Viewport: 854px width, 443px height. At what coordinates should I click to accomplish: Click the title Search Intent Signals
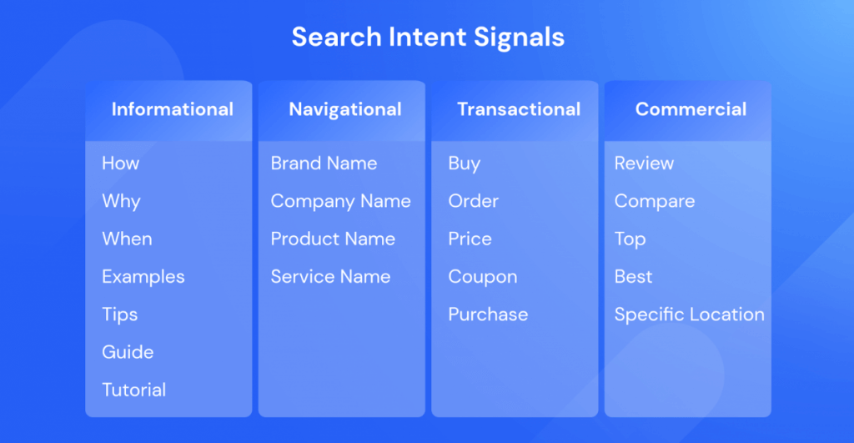(427, 38)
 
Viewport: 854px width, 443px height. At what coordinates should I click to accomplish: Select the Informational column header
(172, 109)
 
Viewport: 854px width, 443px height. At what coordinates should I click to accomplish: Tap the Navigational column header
(344, 109)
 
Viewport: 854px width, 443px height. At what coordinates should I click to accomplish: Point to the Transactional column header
(518, 109)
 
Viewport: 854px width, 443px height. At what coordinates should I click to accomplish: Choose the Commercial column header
(691, 109)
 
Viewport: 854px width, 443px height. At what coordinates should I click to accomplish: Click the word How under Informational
(120, 164)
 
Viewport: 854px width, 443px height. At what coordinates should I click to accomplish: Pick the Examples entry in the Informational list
(143, 277)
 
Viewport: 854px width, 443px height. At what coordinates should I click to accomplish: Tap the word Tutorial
(133, 390)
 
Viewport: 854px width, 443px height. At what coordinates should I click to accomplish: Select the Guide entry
(128, 352)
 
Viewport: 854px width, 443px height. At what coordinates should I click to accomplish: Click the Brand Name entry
(324, 164)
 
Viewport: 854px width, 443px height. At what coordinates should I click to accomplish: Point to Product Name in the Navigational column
(332, 239)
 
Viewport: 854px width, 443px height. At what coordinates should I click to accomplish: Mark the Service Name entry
(330, 277)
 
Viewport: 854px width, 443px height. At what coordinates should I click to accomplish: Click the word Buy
(464, 164)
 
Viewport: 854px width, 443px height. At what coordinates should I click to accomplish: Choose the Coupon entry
(482, 277)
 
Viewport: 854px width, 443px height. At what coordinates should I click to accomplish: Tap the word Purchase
(488, 315)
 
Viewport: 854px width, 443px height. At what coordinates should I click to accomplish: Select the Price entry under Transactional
(470, 239)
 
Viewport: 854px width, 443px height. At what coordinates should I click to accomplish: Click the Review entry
(644, 164)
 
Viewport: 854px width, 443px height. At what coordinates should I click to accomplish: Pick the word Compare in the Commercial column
(654, 202)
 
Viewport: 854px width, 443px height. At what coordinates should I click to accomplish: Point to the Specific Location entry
(689, 315)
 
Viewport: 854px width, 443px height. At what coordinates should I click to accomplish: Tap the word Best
(633, 277)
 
